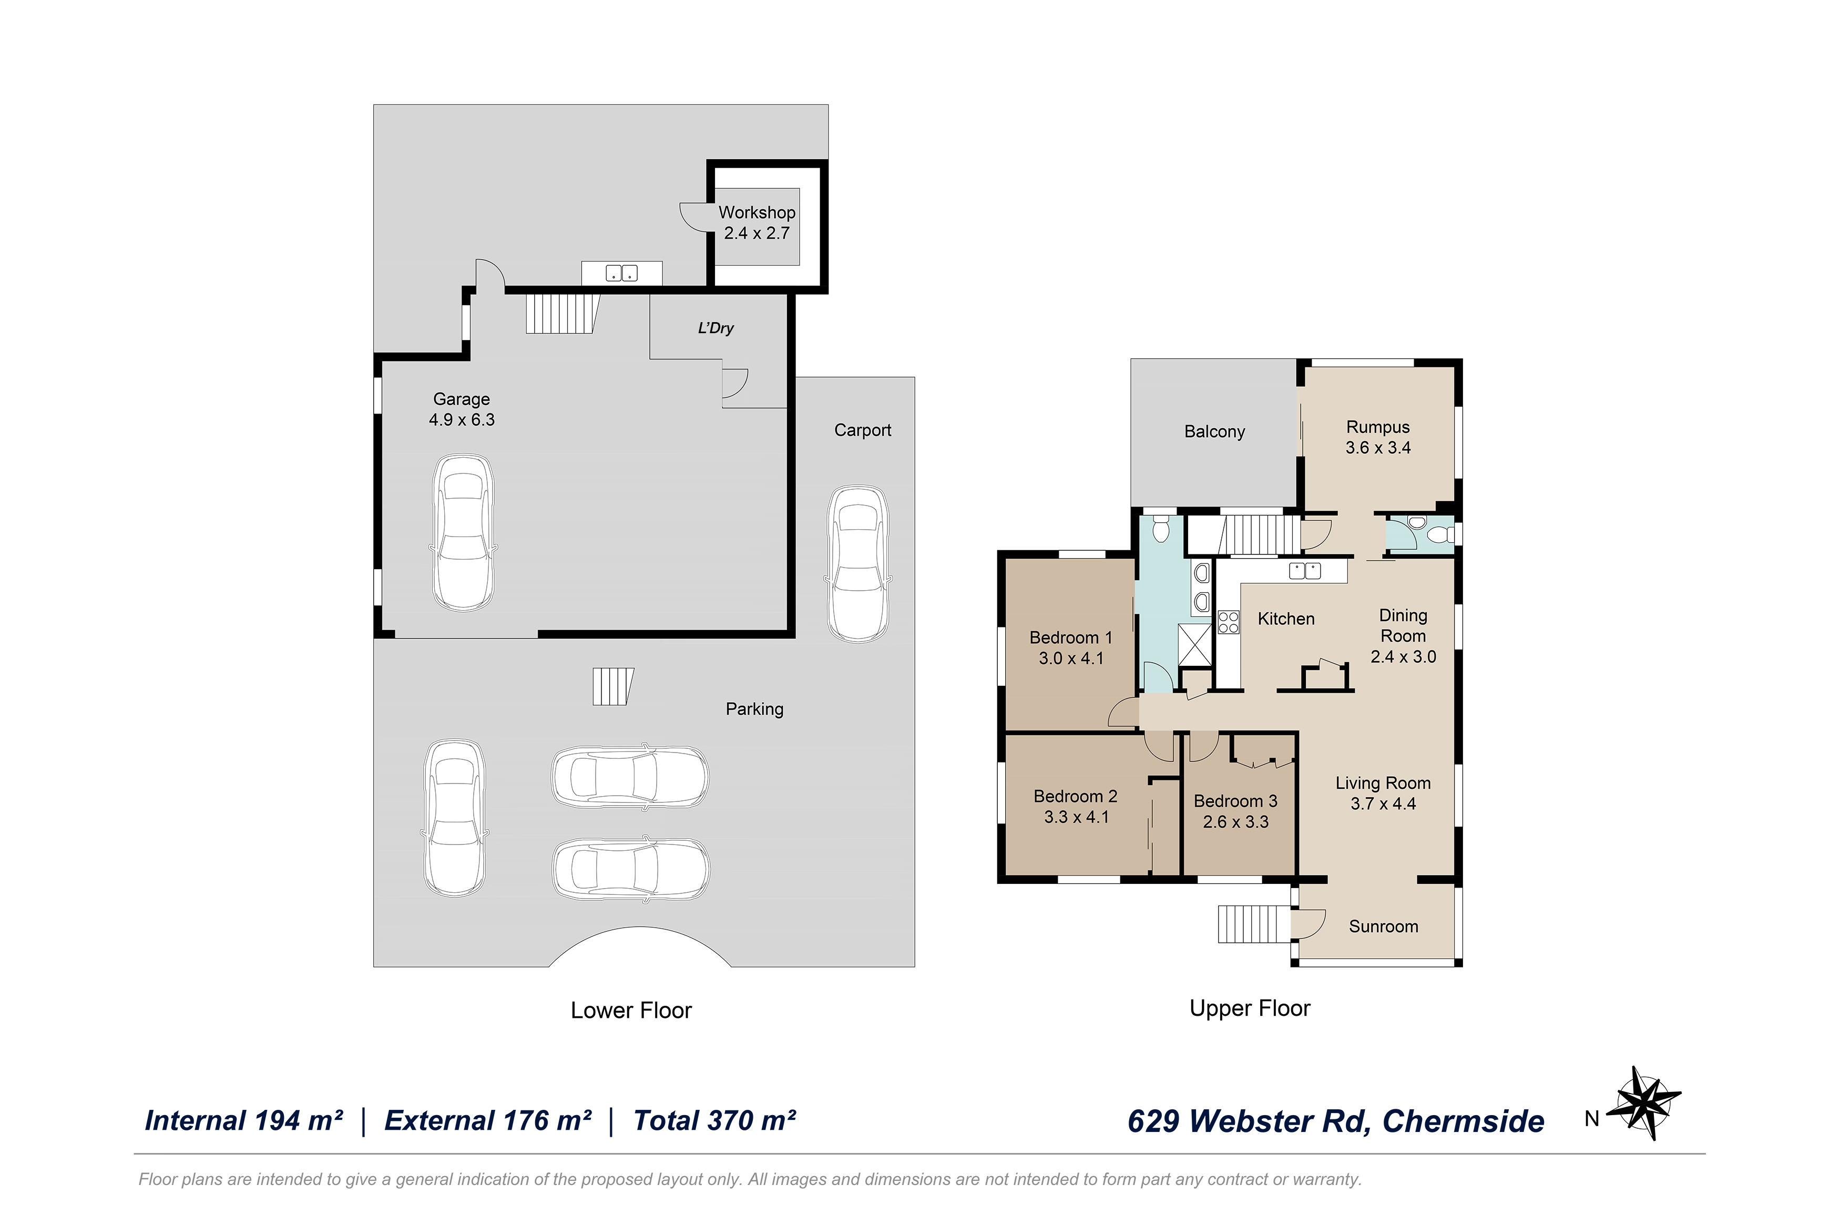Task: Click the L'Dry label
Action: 715,328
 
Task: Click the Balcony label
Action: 1214,431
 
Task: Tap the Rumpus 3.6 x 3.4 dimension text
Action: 1378,448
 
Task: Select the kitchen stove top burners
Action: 1228,622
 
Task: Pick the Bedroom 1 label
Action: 1070,638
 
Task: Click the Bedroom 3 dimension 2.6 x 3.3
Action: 1235,822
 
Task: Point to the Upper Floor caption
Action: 1250,1008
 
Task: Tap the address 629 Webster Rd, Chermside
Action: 1336,1121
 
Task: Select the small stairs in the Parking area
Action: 612,686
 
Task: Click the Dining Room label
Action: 1403,625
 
